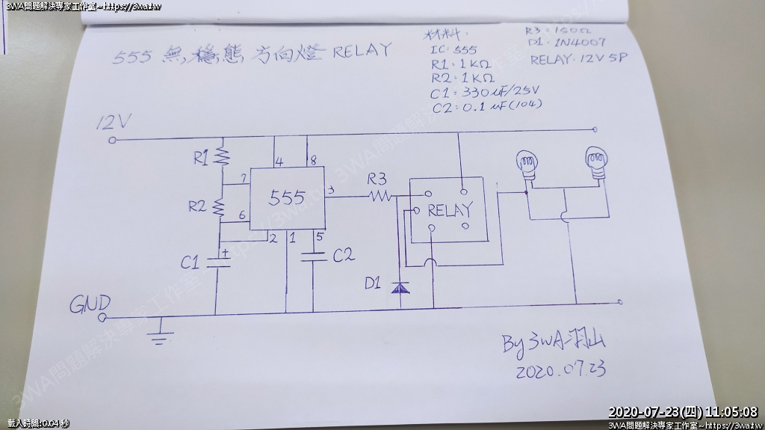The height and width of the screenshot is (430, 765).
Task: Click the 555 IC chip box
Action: click(287, 197)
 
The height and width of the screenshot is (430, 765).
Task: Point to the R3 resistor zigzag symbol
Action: click(379, 196)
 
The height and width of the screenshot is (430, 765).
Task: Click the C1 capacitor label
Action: click(191, 262)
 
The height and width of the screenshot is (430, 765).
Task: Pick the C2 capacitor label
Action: click(343, 256)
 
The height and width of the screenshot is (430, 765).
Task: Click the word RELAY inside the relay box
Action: click(449, 211)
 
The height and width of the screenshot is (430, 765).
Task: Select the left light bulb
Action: click(528, 163)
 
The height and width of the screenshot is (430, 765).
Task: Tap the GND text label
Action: click(90, 304)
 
